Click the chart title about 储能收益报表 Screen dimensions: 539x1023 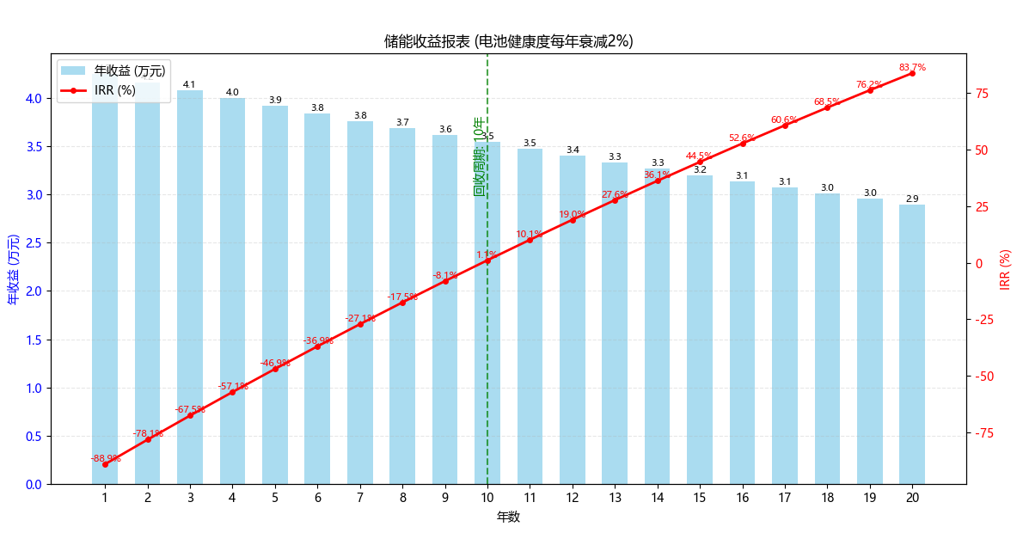pyautogui.click(x=508, y=41)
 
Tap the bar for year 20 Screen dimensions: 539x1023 pyautogui.click(x=912, y=344)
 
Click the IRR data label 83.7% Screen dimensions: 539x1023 pyautogui.click(x=912, y=67)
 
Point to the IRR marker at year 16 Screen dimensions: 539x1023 pyautogui.click(x=743, y=144)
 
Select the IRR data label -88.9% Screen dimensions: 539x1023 pyautogui.click(x=106, y=458)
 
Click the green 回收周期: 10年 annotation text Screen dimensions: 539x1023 pyautogui.click(x=480, y=156)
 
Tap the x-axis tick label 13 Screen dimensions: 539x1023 pyautogui.click(x=615, y=498)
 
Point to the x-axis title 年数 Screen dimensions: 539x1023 pyautogui.click(x=508, y=517)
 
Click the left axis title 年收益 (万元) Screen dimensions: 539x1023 pyautogui.click(x=13, y=269)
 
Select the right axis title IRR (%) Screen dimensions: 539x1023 pyautogui.click(x=1005, y=269)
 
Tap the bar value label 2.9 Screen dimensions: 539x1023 pyautogui.click(x=912, y=199)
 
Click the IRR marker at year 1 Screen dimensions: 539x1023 pyautogui.click(x=106, y=464)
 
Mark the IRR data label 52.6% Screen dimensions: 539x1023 pyautogui.click(x=742, y=138)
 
